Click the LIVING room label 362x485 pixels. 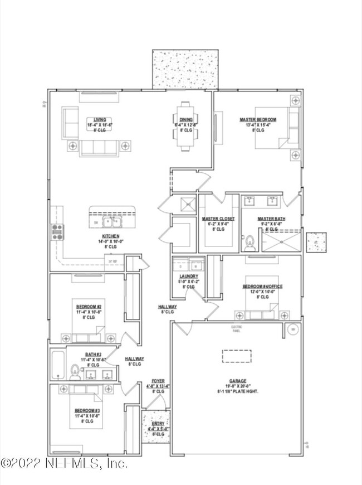pyautogui.click(x=100, y=119)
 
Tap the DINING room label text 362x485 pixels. pyautogui.click(x=186, y=119)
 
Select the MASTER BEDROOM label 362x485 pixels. pyautogui.click(x=257, y=119)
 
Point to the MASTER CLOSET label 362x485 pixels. pyautogui.click(x=218, y=219)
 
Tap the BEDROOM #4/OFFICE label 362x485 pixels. pyautogui.click(x=262, y=287)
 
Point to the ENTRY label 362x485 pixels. pyautogui.click(x=158, y=424)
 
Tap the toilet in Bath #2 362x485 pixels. pyautogui.click(x=74, y=370)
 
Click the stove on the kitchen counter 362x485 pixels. pyautogui.click(x=57, y=231)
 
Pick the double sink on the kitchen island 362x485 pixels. pyautogui.click(x=112, y=222)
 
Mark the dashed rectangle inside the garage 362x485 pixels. pyautogui.click(x=237, y=356)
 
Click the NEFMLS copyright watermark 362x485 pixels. pyautogui.click(x=64, y=463)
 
